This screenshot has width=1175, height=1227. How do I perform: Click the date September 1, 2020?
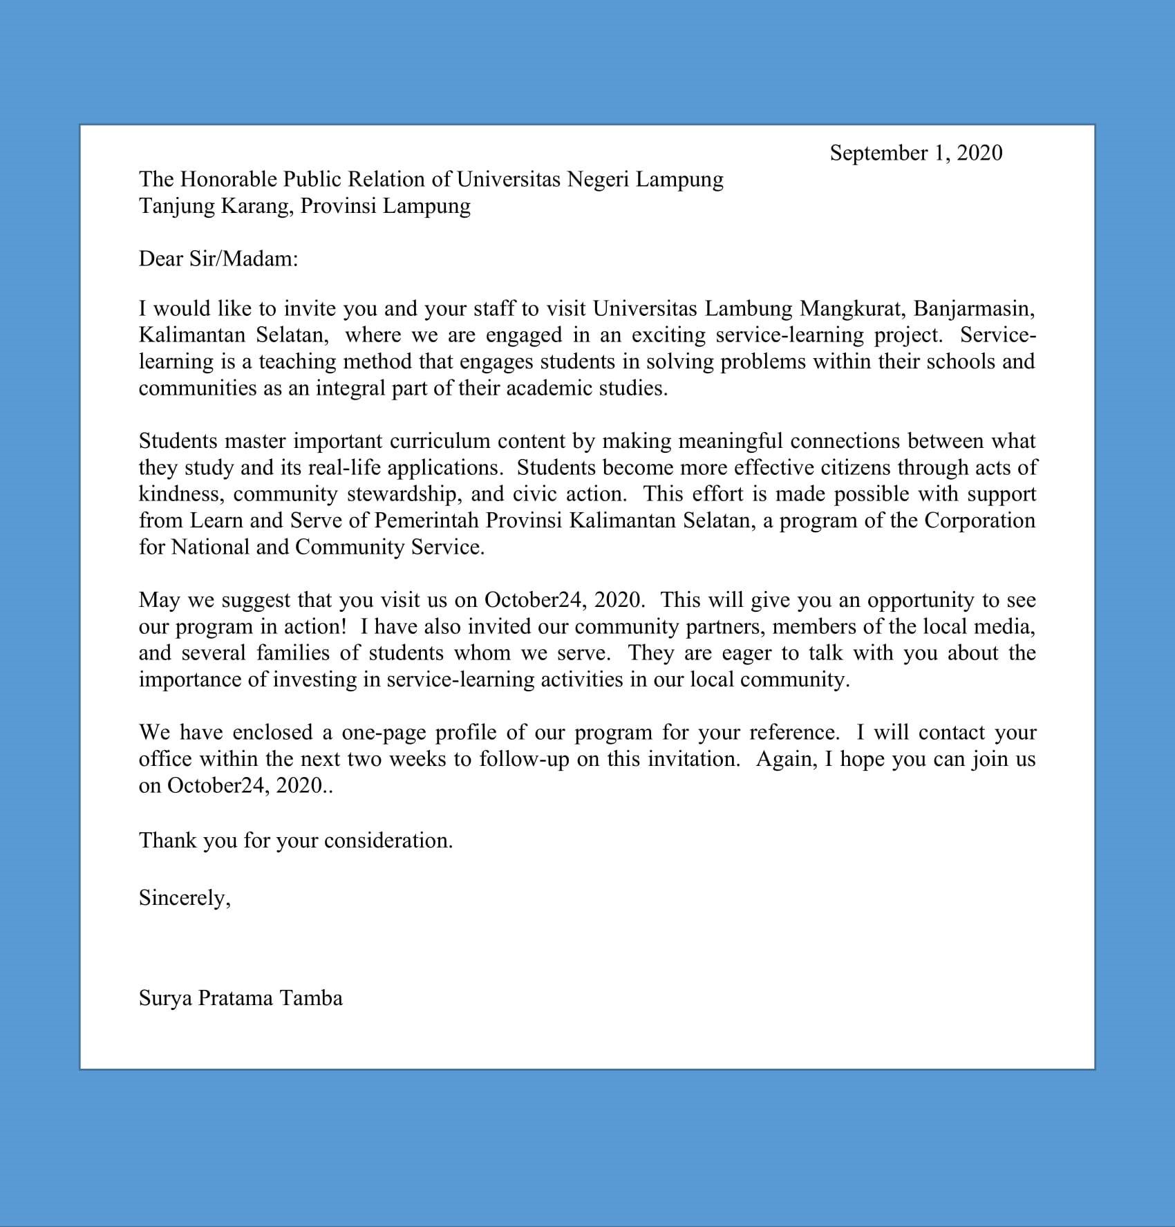click(915, 153)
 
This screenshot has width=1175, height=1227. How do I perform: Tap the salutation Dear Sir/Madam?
click(218, 259)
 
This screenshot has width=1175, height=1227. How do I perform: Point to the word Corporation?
click(979, 520)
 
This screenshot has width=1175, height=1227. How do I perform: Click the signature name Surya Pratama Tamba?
click(241, 998)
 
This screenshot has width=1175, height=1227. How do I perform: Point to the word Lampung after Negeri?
click(679, 179)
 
